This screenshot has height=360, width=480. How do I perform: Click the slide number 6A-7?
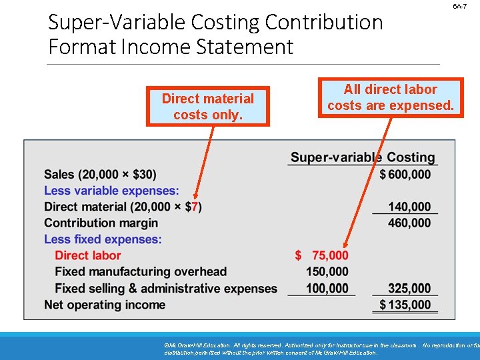460,6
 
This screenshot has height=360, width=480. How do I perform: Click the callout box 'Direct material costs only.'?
208,107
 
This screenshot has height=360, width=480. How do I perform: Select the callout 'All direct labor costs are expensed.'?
390,97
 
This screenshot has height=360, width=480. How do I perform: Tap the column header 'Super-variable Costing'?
363,157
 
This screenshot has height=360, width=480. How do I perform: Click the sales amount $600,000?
405,175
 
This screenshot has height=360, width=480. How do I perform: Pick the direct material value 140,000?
409,207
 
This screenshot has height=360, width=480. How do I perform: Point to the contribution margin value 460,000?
409,223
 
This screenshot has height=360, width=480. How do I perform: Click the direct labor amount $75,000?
321,255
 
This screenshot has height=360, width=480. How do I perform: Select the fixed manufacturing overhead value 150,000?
327,271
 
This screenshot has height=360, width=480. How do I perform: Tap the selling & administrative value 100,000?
327,288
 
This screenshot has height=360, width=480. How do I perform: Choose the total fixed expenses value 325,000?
409,288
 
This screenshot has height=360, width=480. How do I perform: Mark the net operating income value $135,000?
405,305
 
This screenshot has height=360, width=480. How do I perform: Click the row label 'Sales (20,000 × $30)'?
100,175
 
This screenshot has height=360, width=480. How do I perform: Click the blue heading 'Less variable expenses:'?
111,191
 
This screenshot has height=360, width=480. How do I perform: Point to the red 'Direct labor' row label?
88,255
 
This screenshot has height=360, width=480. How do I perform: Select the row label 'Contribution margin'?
101,223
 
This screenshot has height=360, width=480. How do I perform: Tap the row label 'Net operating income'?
105,305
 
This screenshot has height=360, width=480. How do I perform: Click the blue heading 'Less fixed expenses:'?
103,239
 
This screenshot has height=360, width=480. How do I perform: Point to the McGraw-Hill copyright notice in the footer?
320,349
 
